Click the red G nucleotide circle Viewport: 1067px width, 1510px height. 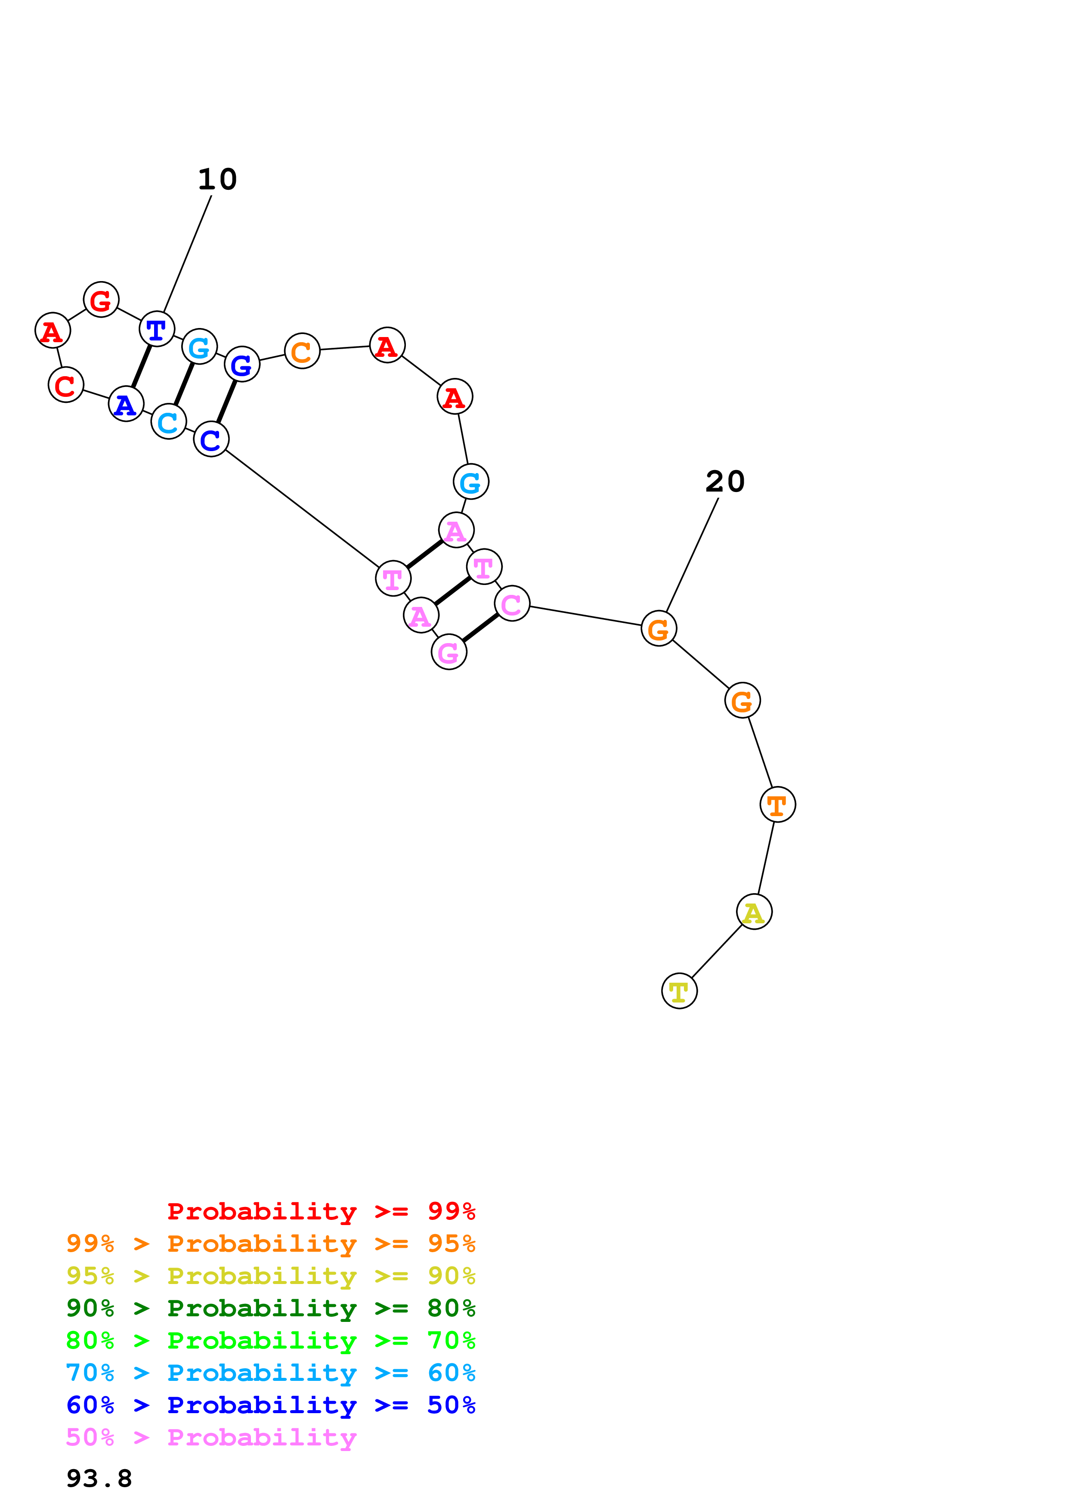pos(101,300)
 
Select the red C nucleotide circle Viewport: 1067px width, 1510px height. pos(66,385)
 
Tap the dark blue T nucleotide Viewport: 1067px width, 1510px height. pos(157,329)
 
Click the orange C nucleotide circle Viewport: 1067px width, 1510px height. pos(302,351)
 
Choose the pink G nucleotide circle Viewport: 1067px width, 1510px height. pos(448,653)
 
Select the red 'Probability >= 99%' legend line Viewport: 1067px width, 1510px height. pos(321,1211)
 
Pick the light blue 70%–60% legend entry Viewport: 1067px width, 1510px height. pos(270,1373)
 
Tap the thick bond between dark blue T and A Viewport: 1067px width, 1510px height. pos(141,366)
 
